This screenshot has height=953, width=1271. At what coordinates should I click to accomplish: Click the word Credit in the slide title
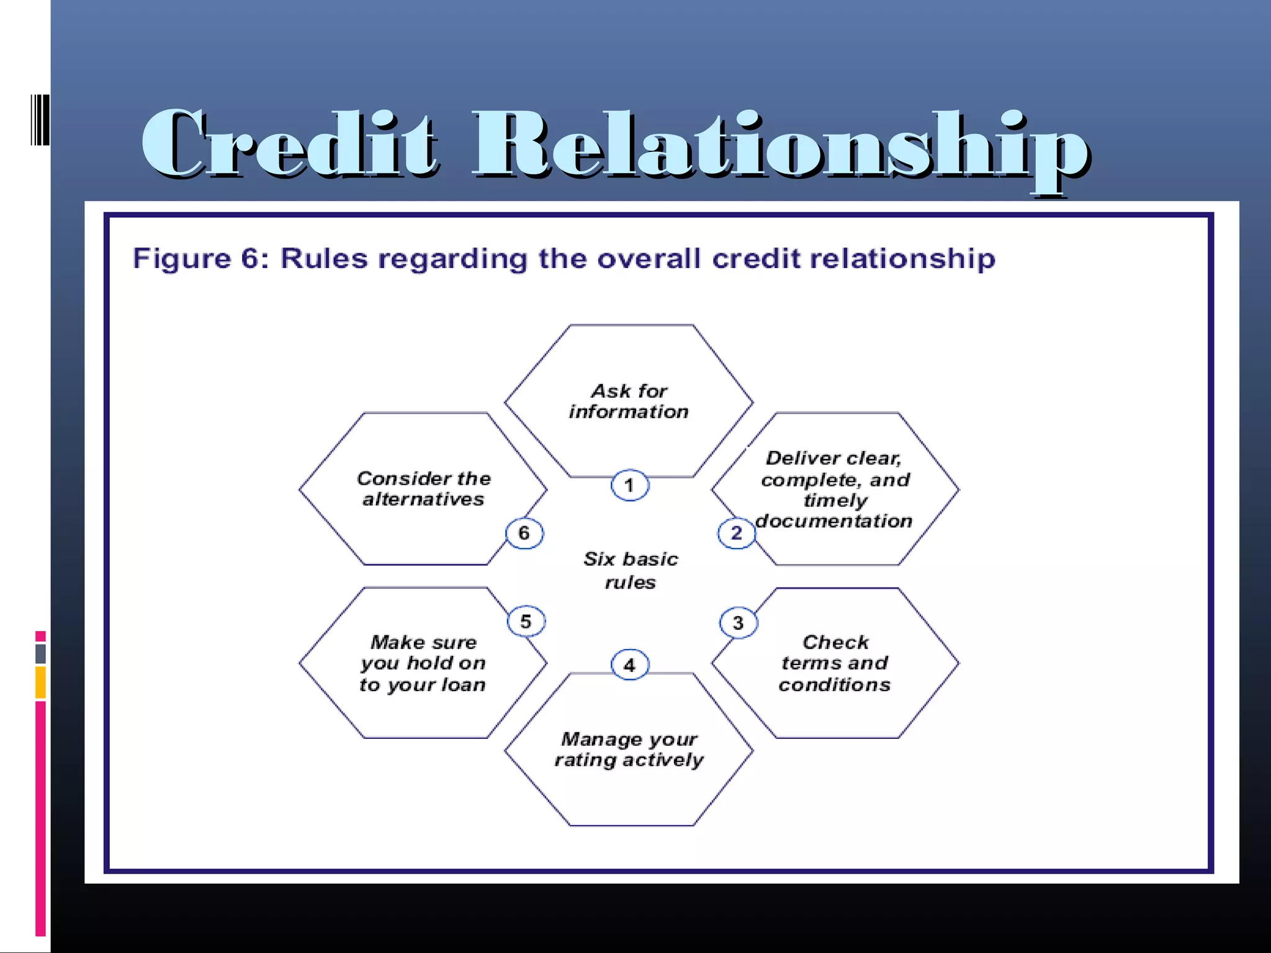289,144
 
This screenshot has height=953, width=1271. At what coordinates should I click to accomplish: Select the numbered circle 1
629,485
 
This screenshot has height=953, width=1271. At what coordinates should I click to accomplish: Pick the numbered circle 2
736,533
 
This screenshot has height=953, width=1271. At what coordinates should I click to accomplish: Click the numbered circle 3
738,622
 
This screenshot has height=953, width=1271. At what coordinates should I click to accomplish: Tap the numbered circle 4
629,665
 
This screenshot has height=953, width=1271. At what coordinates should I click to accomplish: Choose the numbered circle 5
526,621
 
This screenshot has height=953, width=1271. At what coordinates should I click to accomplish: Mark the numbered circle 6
524,533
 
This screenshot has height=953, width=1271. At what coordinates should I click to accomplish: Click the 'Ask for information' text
629,401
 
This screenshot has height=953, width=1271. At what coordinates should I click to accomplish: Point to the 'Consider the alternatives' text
423,488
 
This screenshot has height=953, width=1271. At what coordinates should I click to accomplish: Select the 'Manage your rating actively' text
629,749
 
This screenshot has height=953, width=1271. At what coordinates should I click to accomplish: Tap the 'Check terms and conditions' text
835,663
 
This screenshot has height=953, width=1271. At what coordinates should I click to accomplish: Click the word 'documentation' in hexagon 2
833,521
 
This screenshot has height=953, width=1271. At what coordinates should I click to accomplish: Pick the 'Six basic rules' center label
630,570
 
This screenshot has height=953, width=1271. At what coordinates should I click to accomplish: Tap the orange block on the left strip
40,682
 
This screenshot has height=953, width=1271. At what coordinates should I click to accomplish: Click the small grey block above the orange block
40,653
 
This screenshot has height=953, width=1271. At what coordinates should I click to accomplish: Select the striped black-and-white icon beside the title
40,120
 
